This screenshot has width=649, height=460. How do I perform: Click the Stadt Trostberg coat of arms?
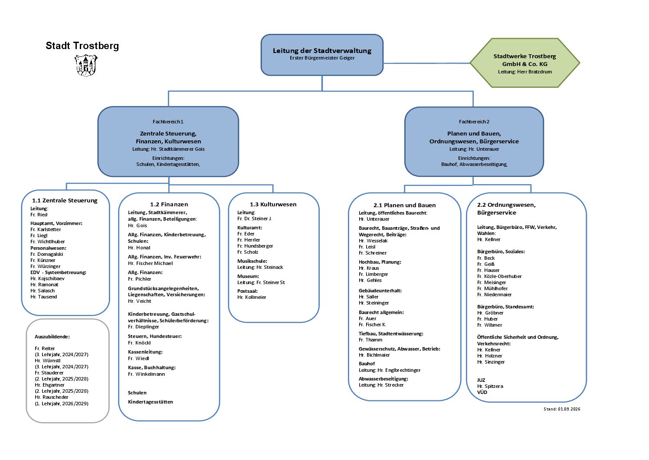(x=86, y=66)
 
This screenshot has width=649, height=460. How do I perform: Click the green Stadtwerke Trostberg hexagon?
(x=524, y=63)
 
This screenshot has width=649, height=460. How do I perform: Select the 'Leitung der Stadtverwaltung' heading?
(x=322, y=50)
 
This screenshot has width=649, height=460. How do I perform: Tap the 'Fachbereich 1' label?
(x=168, y=122)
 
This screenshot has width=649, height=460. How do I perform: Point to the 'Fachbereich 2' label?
(x=474, y=122)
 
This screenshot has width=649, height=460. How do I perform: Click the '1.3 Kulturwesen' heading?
(x=273, y=204)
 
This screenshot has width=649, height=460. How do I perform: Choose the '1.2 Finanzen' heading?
(x=169, y=204)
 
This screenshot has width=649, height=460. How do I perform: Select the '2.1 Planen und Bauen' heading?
(x=404, y=205)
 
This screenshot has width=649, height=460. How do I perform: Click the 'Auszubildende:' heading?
(x=52, y=337)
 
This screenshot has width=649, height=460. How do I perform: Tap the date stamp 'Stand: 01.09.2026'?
(x=562, y=409)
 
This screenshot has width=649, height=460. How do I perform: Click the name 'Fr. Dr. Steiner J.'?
(x=254, y=218)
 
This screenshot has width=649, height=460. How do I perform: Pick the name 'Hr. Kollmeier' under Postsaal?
(x=252, y=297)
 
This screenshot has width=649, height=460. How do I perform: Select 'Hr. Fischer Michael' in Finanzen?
(x=150, y=263)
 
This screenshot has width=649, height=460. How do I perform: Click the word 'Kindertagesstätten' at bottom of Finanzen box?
(x=151, y=402)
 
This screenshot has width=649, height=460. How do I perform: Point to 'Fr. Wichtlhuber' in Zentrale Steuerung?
(x=48, y=242)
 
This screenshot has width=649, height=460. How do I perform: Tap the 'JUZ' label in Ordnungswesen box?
(x=481, y=380)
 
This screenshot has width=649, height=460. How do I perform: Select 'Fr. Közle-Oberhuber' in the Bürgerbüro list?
(x=499, y=276)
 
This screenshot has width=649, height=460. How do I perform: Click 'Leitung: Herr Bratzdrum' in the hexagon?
(x=524, y=72)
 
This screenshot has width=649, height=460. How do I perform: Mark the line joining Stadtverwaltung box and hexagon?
(x=426, y=63)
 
